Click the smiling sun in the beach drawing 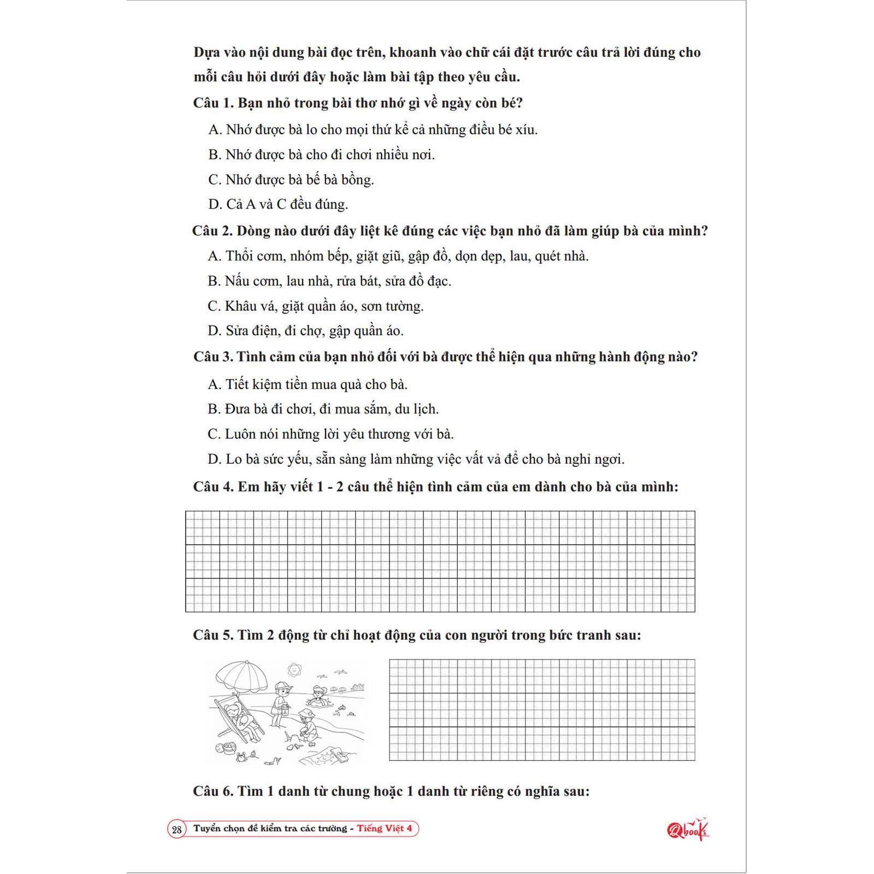pos(294,668)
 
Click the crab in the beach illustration pos(241,756)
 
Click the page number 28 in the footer pos(176,829)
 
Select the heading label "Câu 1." pos(213,103)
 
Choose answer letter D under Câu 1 pos(214,205)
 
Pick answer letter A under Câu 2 pos(214,256)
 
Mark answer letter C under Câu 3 pos(214,434)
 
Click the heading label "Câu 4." pos(213,487)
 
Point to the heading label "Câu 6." pos(213,792)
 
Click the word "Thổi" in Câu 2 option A pos(239,256)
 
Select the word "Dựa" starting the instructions pos(205,53)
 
